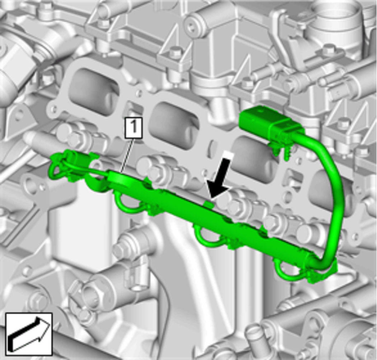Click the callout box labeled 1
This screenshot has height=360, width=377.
pyautogui.click(x=134, y=128)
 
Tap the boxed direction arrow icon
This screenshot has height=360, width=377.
pyautogui.click(x=29, y=334)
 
